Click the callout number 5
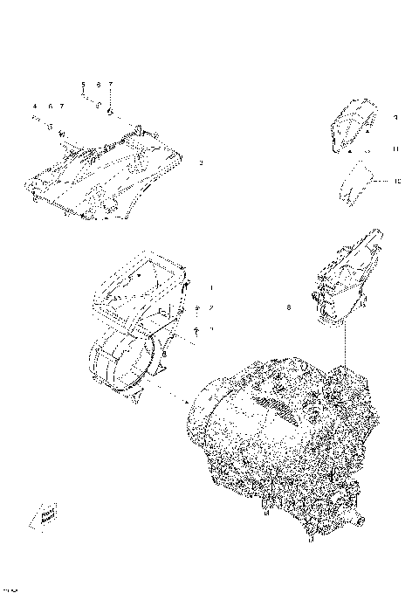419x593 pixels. coord(84,85)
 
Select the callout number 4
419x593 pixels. coord(35,106)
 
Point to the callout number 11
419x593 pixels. coord(395,149)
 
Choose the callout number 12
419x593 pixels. coord(396,181)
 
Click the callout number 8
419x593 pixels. coord(289,307)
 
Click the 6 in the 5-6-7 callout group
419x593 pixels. coord(99,85)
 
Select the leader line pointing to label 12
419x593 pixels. coord(379,180)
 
